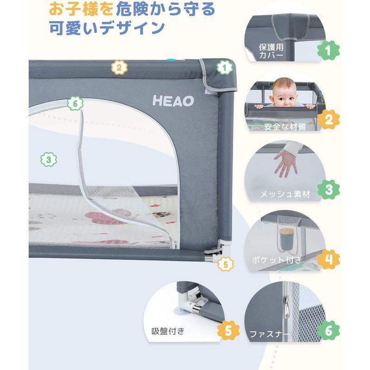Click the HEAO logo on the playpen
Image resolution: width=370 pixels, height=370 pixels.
click(173, 101)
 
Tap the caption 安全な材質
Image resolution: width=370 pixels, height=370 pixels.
click(285, 126)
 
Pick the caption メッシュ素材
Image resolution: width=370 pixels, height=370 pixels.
click(284, 194)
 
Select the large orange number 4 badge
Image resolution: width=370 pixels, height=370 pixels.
click(328, 259)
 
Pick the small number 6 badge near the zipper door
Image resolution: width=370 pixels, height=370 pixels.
click(75, 103)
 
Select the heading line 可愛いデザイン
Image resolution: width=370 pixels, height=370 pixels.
click(106, 28)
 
